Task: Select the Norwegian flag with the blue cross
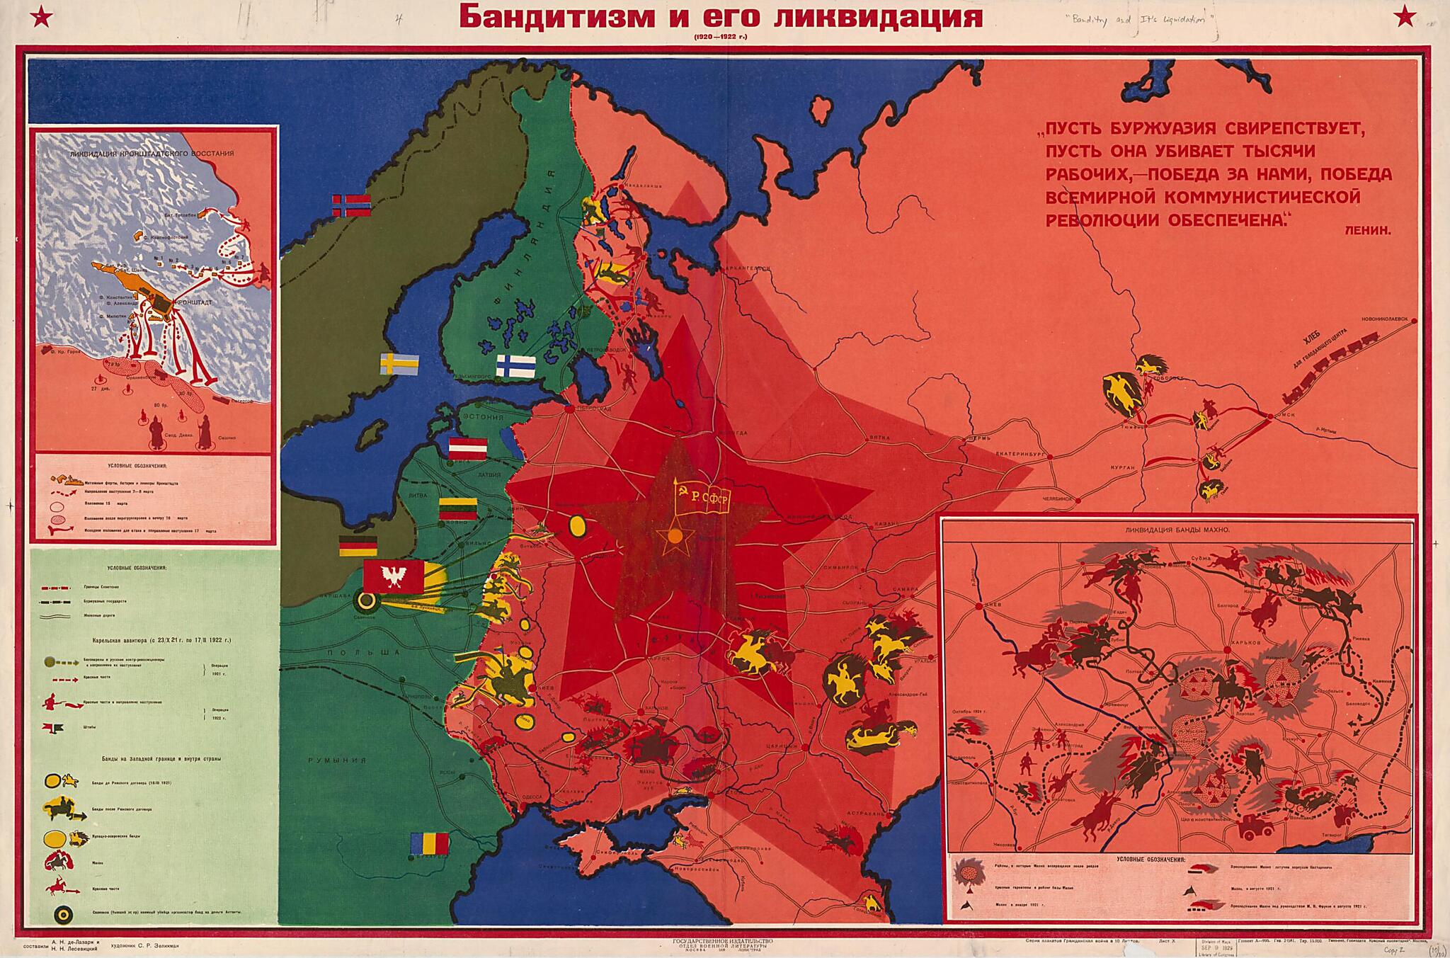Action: coord(352,205)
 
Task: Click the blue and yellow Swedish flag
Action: coord(399,364)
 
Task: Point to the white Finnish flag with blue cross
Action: coord(515,365)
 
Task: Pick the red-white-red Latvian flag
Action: coord(468,449)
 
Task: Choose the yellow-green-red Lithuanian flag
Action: coord(460,509)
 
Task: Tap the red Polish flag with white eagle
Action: coord(394,576)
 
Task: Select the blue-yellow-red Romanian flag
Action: coord(430,843)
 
